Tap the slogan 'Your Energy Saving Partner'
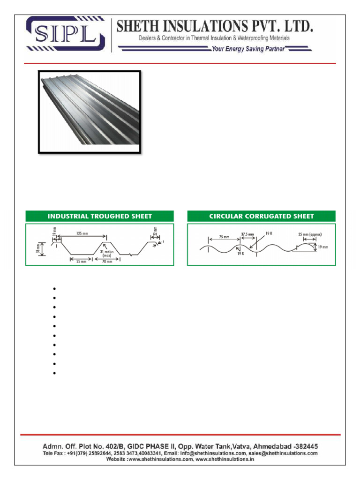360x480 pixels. click(248, 49)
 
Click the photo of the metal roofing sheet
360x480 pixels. click(89, 112)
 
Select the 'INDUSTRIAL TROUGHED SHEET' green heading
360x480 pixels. click(99, 216)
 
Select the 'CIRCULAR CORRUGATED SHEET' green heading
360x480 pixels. click(262, 216)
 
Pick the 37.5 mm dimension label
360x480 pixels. click(247, 234)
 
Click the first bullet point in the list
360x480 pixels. click(55, 288)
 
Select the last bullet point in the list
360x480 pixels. click(55, 374)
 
